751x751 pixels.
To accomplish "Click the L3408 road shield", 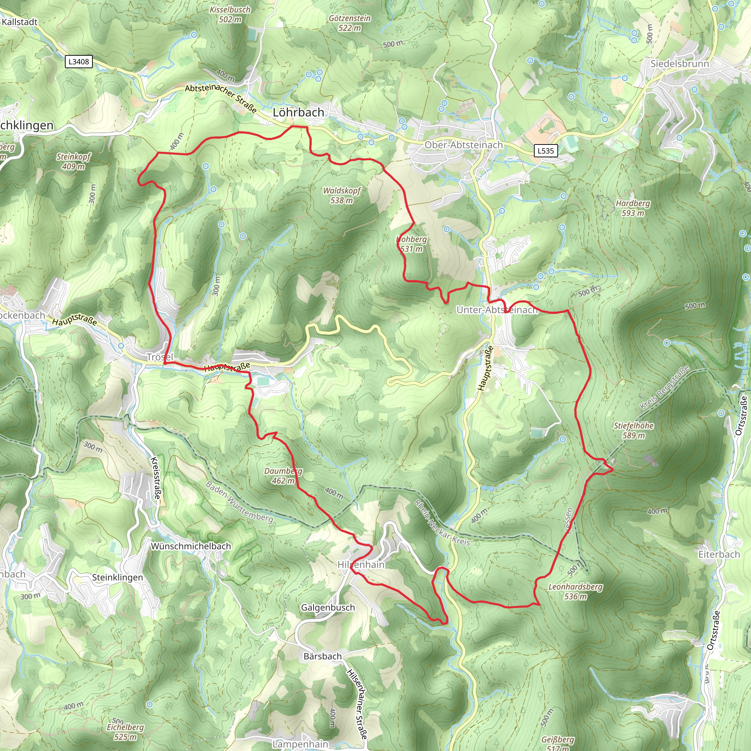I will pyautogui.click(x=78, y=61).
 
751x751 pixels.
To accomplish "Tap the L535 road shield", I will pyautogui.click(x=545, y=151).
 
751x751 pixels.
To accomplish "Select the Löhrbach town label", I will pyautogui.click(x=298, y=112).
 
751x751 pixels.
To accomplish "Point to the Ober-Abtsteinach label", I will pyautogui.click(x=464, y=145).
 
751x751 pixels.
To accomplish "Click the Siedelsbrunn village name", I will pyautogui.click(x=679, y=64).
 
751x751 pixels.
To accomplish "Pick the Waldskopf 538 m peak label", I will pyautogui.click(x=342, y=195).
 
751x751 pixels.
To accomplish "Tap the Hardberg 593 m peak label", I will pyautogui.click(x=633, y=208).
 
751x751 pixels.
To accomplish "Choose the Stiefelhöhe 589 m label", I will pyautogui.click(x=633, y=430).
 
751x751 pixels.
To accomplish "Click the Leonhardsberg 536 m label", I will pyautogui.click(x=575, y=591).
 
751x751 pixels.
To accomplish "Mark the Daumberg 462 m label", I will pyautogui.click(x=283, y=476).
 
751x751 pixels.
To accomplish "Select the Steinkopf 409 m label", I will pyautogui.click(x=73, y=161).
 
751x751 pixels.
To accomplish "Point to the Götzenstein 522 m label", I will pyautogui.click(x=349, y=23).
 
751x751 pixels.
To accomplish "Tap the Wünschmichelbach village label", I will pyautogui.click(x=191, y=546).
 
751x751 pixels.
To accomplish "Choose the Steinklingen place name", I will pyautogui.click(x=117, y=577).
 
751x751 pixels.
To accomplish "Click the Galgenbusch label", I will pyautogui.click(x=328, y=608).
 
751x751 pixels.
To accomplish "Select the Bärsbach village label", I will pyautogui.click(x=322, y=656).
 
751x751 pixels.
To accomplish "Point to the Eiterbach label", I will pyautogui.click(x=719, y=554).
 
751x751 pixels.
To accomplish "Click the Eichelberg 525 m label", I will pyautogui.click(x=125, y=732).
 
